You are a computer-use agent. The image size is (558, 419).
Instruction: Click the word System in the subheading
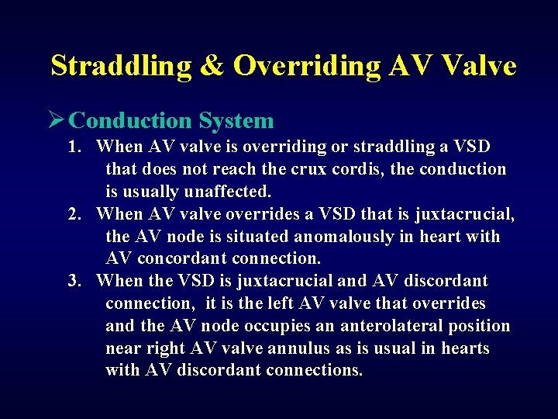point(236,121)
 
